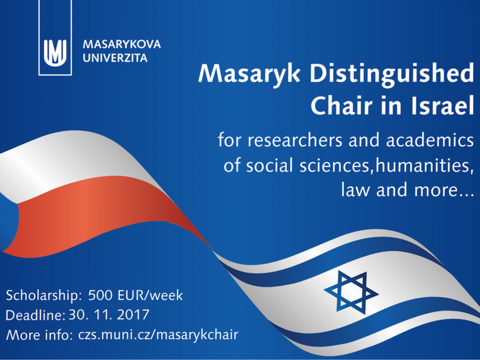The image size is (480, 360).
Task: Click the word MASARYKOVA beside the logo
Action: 122,44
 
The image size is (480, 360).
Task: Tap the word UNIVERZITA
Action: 115,58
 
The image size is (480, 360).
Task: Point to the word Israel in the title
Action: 442,105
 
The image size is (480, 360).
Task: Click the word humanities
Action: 423,165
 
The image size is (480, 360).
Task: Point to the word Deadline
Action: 35,316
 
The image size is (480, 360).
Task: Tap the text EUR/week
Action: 150,296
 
